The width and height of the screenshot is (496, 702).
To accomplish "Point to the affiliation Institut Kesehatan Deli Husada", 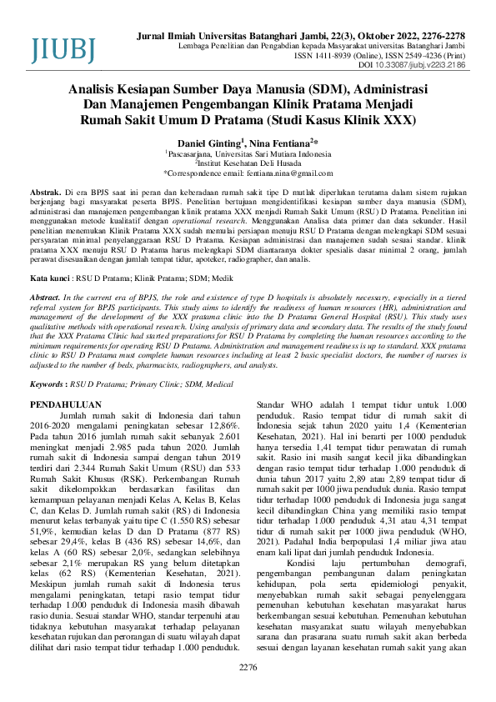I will tap(248, 163).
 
